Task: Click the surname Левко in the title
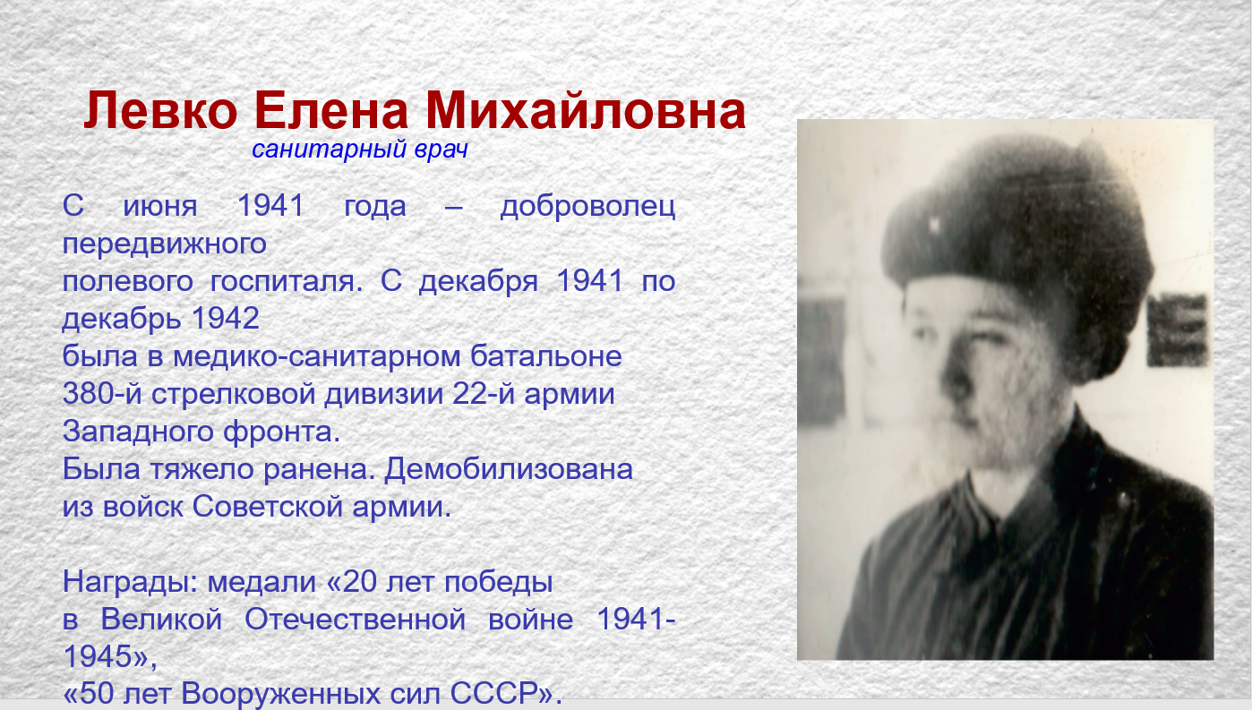pos(161,110)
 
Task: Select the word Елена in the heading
pos(331,110)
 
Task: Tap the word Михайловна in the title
pos(586,110)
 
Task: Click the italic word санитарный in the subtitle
pos(329,150)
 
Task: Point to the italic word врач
pos(441,150)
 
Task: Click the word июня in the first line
pos(159,206)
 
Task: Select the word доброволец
pos(587,206)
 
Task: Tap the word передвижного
pos(164,244)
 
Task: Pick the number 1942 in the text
pos(226,319)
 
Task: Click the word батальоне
pos(546,355)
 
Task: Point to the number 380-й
pos(102,393)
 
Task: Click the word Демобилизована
pos(509,468)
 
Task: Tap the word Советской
pos(267,507)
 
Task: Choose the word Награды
pos(130,582)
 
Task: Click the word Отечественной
pos(355,620)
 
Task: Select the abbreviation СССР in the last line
pos(493,693)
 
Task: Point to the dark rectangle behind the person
pos(1177,329)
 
